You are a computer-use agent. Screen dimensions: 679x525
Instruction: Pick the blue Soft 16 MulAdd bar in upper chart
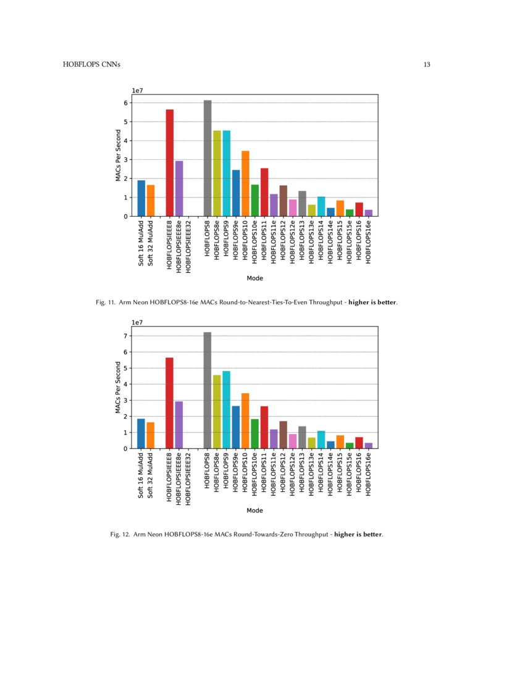click(141, 198)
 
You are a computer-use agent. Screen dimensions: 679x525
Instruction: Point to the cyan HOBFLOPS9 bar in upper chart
click(227, 173)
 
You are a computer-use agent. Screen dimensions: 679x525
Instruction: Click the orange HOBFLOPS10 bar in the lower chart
click(245, 420)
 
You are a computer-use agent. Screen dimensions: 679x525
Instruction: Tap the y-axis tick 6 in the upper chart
click(125, 103)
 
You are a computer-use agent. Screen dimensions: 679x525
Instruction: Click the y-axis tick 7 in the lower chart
click(125, 336)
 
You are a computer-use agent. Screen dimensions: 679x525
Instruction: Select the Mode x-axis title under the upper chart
click(255, 278)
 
